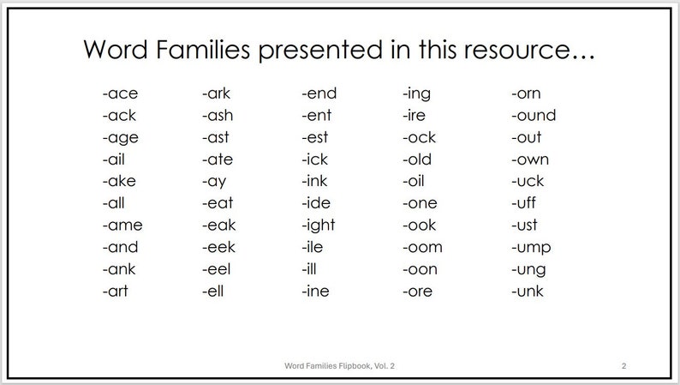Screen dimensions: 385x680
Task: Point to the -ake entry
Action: (119, 182)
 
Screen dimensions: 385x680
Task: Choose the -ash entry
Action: (218, 116)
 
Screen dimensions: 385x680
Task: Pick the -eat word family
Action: (218, 203)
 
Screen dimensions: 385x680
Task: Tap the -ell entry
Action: (213, 292)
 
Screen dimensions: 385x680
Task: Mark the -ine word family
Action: (316, 292)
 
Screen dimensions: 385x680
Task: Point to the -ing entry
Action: (416, 93)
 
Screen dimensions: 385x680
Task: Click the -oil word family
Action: (414, 182)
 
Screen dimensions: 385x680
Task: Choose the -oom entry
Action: (421, 248)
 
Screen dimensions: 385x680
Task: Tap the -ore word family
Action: (418, 292)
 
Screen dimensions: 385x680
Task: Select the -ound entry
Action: (534, 116)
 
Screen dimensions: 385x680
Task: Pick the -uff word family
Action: (525, 203)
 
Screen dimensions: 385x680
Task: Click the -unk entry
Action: (528, 292)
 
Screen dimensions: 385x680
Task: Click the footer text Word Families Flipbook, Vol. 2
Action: (339, 366)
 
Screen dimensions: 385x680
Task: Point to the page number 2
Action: (624, 366)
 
